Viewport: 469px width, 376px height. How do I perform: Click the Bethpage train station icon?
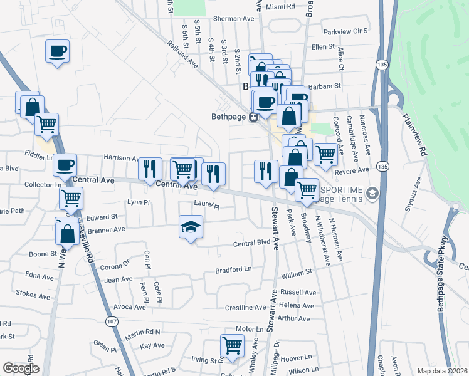pyautogui.click(x=254, y=116)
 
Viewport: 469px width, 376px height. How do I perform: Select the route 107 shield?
pyautogui.click(x=111, y=321)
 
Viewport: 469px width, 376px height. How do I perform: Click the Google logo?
pyautogui.click(x=21, y=368)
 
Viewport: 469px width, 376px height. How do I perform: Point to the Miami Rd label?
pyautogui.click(x=280, y=6)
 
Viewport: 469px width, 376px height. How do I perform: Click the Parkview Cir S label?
pyautogui.click(x=344, y=31)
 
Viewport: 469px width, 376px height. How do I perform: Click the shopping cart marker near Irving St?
pyautogui.click(x=232, y=345)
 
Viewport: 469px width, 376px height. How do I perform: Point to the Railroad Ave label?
pyautogui.click(x=182, y=56)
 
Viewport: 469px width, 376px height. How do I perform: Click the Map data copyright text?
pyautogui.click(x=442, y=371)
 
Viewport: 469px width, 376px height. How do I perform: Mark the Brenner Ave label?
pyautogui.click(x=106, y=230)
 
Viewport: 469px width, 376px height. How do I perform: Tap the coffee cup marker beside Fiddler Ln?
pyautogui.click(x=65, y=166)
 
